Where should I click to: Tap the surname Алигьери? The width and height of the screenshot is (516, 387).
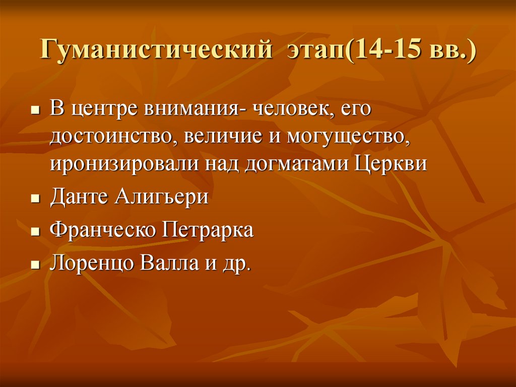pos(161,197)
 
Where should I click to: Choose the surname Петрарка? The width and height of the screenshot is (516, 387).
pos(208,231)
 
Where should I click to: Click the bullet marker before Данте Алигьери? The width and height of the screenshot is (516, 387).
pos(35,199)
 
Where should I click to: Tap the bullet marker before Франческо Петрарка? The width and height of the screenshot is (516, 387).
pos(35,233)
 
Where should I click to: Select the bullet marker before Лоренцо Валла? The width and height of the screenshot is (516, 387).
pos(35,266)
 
